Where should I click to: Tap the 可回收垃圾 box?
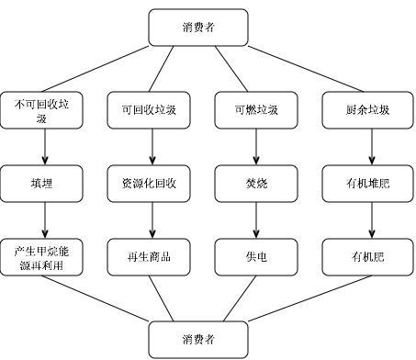pos(152,109)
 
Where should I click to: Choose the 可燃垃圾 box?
pos(258,109)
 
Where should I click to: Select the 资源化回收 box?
pos(152,183)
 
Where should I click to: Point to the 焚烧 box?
pos(258,183)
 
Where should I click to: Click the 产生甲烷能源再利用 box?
pos(45,256)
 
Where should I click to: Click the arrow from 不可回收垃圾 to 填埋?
pos(45,146)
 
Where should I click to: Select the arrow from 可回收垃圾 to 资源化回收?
pos(152,146)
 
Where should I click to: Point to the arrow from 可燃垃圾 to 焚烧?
pos(258,146)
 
